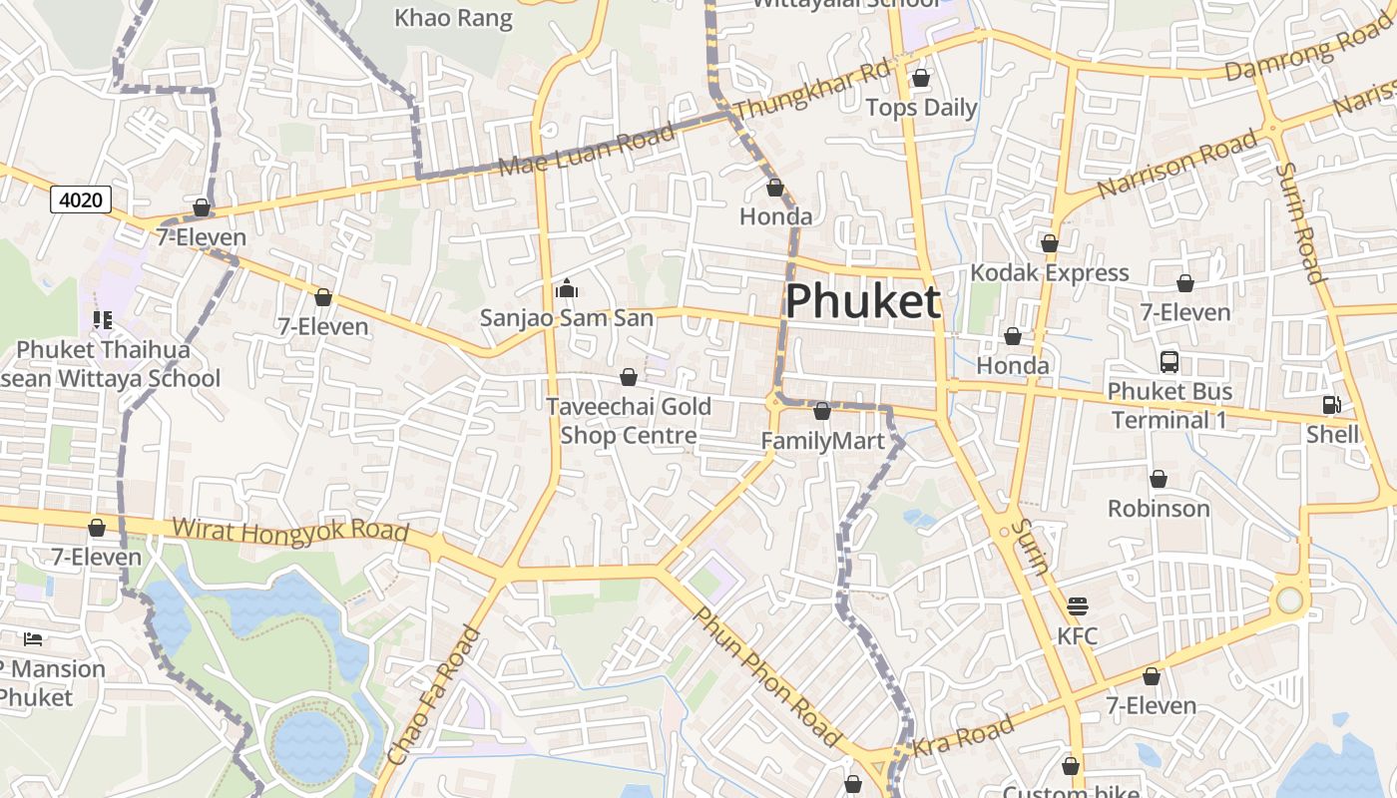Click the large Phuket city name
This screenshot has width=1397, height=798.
(863, 301)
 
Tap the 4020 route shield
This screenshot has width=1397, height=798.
(81, 199)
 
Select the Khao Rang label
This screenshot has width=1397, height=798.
(453, 18)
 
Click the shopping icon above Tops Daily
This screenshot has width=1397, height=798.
(921, 78)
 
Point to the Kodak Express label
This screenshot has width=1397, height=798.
(1050, 272)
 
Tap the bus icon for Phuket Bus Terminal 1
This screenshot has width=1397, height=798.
(1169, 362)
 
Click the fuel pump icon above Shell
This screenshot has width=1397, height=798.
(1331, 405)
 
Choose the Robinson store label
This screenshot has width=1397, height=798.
(1159, 509)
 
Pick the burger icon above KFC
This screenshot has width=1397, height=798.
(1077, 605)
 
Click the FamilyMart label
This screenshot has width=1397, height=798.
(822, 441)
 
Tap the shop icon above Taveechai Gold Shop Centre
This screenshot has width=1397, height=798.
(629, 377)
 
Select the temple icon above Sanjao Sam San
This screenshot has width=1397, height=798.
(567, 289)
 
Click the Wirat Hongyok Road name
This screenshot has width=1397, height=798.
(290, 529)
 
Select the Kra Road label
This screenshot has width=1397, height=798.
(964, 736)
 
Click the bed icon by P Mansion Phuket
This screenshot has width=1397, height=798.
(33, 638)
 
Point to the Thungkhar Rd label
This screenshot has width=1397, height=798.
(810, 90)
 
